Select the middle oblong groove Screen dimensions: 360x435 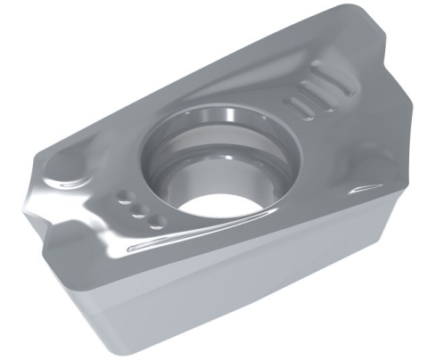[x=306, y=98]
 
